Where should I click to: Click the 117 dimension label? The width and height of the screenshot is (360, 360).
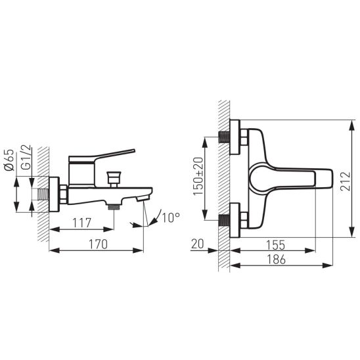point(81,223)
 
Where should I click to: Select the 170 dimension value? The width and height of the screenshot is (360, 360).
point(98,244)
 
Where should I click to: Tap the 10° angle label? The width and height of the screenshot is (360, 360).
point(171,217)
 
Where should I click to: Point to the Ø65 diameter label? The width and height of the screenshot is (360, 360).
point(9,160)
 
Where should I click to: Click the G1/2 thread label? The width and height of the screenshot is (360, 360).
point(26,158)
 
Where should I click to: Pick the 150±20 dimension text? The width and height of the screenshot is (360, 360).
point(198,176)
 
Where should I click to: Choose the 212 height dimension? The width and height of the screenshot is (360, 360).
point(346,181)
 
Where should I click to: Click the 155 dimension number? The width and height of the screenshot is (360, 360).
point(275,245)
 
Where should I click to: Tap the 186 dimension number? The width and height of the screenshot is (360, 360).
point(276,259)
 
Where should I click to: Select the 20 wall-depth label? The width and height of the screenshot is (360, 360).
point(198,244)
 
